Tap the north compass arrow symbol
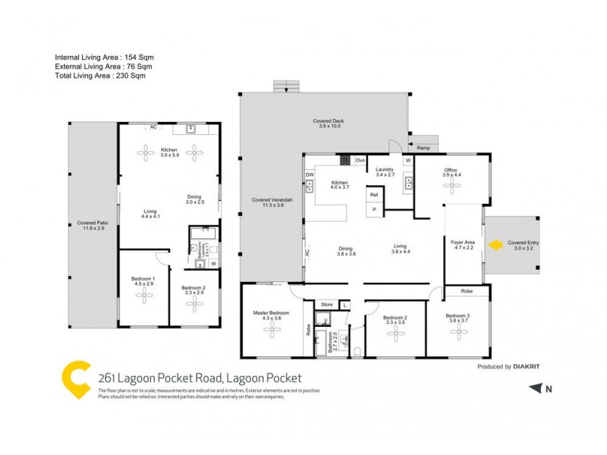pos(536,388)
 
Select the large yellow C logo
pos(75,381)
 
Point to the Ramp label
pos(423,148)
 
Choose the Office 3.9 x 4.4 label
pos(452,172)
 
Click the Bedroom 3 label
pos(458,318)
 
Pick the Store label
pos(326,305)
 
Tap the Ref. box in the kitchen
pos(374,196)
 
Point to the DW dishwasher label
pos(310,174)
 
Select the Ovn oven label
pos(360,161)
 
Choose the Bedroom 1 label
pos(143,282)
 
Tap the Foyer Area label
pos(463,244)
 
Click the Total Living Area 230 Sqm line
pos(101,76)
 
